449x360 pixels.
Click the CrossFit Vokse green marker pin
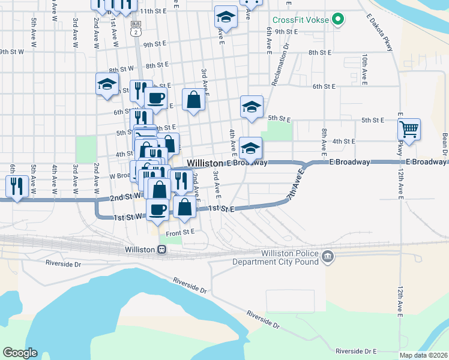338,19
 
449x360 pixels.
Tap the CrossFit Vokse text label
301,19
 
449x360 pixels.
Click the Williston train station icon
161,250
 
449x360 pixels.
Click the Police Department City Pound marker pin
327,257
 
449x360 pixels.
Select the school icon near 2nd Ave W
106,84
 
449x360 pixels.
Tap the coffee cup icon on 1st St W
158,209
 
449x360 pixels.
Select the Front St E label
180,232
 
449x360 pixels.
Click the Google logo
20,353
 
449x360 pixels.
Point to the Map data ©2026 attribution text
423,355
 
